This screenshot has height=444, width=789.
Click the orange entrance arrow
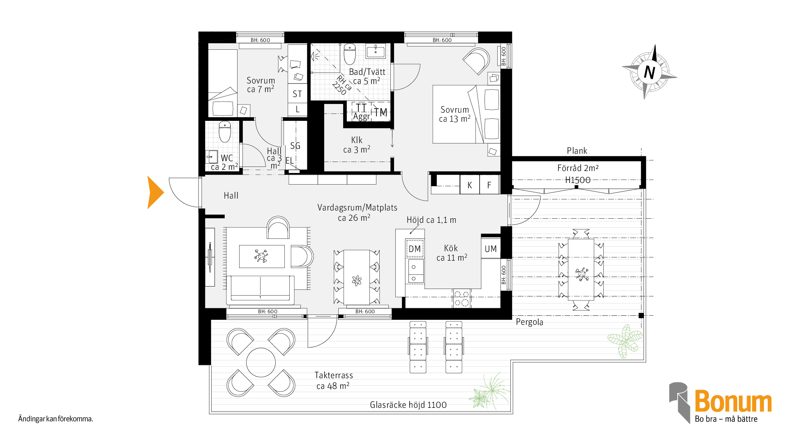coord(155,192)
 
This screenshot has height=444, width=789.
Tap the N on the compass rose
coord(649,72)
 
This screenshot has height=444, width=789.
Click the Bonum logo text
coord(733,401)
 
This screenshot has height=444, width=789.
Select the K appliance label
coord(470,185)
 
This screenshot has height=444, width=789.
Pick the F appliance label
coord(489,185)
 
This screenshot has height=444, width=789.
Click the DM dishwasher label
coord(415,249)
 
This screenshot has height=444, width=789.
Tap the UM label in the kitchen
coord(491,249)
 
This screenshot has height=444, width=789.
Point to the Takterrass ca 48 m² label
coord(333,381)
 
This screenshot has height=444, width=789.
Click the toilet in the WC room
coord(225,132)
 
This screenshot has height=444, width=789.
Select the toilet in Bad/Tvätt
coord(350,54)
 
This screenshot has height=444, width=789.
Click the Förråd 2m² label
coord(578,168)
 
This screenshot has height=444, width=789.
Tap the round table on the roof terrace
coord(261,362)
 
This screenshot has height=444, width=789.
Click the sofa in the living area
coord(260,290)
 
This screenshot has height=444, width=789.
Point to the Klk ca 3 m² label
coord(357,145)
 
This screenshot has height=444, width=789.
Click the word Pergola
coord(529,322)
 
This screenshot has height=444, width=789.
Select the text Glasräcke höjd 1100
coord(408,405)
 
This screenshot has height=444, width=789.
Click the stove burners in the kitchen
coord(462,298)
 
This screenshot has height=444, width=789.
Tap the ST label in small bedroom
coord(297,94)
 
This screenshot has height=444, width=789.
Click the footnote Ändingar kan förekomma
coord(55,419)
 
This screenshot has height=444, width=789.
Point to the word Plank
coord(577,151)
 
